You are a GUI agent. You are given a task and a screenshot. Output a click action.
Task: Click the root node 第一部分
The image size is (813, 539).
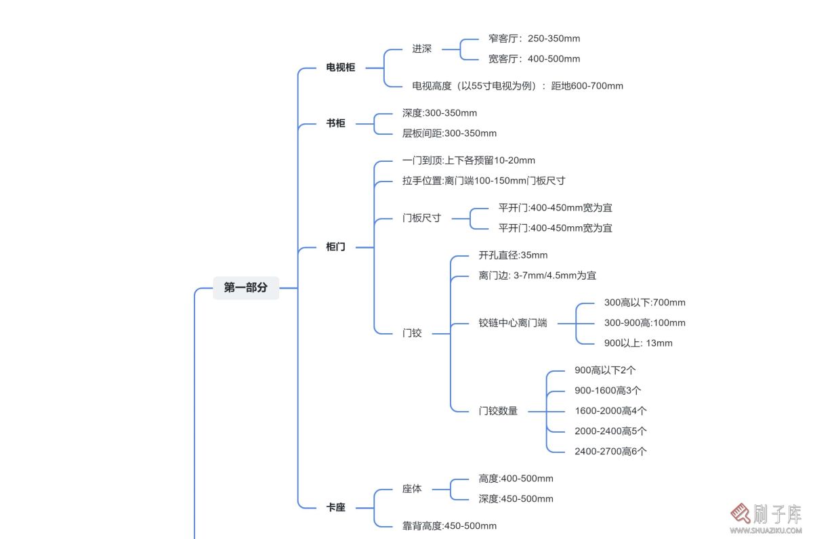pyautogui.click(x=246, y=288)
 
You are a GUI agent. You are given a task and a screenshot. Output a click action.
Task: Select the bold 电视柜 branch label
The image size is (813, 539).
pyautogui.click(x=340, y=68)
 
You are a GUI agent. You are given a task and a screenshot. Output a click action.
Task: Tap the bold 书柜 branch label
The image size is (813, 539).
pyautogui.click(x=336, y=123)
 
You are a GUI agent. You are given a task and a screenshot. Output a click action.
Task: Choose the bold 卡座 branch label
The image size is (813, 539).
pyautogui.click(x=336, y=507)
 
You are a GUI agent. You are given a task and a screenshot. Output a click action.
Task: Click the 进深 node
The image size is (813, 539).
pyautogui.click(x=421, y=49)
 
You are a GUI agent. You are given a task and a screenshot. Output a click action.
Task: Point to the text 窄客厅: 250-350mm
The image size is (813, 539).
pyautogui.click(x=535, y=39)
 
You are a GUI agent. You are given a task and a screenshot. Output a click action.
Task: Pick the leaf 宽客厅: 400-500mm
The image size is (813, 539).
pyautogui.click(x=535, y=59)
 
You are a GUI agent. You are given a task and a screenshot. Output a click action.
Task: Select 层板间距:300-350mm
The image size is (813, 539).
pyautogui.click(x=449, y=133)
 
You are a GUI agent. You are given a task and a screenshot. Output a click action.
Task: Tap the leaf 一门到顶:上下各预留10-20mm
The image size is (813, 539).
pyautogui.click(x=469, y=160)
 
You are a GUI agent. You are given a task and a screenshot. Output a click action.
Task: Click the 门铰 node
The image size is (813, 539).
pyautogui.click(x=412, y=333)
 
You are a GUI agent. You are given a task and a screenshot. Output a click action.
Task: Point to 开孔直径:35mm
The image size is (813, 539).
pyautogui.click(x=514, y=255)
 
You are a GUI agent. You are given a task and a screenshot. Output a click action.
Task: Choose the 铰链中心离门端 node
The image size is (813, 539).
pyautogui.click(x=513, y=323)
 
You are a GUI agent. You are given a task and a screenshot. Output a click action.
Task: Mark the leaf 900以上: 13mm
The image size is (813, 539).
pyautogui.click(x=638, y=343)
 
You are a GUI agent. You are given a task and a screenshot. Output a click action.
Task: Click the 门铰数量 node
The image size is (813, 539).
pyautogui.click(x=498, y=411)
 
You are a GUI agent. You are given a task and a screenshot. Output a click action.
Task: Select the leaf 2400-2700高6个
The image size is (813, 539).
pyautogui.click(x=610, y=452)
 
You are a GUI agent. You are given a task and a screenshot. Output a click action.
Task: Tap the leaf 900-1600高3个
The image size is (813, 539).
pyautogui.click(x=608, y=391)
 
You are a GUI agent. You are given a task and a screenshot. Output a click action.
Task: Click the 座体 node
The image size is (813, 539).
pyautogui.click(x=412, y=489)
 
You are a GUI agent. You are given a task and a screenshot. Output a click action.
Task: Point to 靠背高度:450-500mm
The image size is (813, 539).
pyautogui.click(x=449, y=526)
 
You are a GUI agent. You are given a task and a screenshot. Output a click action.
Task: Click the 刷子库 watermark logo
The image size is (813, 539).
pyautogui.click(x=766, y=519)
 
